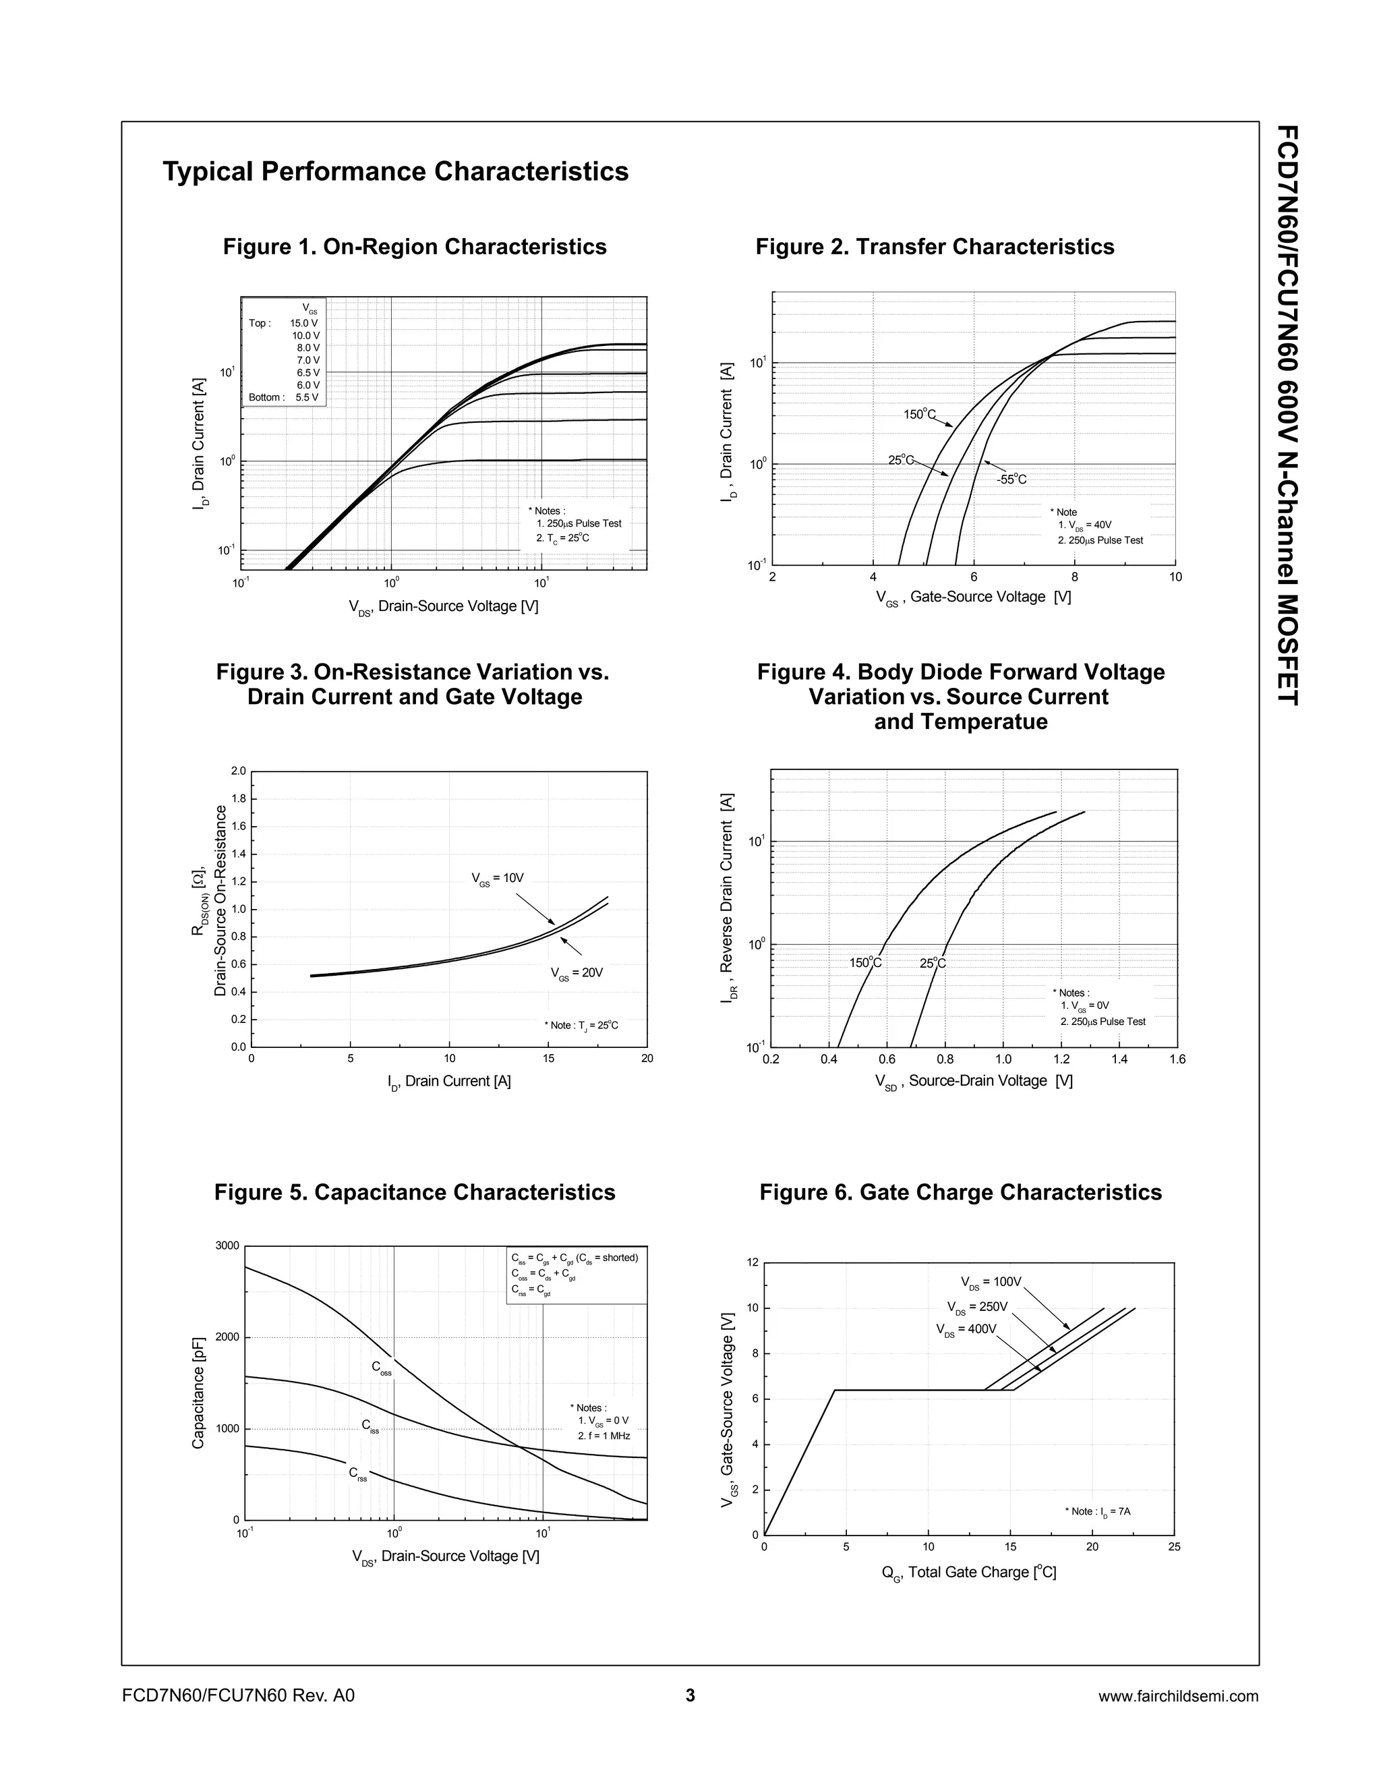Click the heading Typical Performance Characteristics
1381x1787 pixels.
point(395,172)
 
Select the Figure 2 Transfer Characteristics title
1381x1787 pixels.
point(935,246)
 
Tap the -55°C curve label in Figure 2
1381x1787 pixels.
point(1011,479)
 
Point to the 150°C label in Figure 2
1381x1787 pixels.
point(919,414)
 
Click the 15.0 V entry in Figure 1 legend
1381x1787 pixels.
point(304,323)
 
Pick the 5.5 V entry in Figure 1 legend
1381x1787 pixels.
point(307,398)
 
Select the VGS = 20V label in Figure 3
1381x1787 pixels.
point(576,973)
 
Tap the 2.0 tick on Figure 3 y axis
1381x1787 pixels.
point(238,771)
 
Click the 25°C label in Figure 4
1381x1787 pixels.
point(932,963)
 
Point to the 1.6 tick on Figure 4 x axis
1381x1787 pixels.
point(1177,1059)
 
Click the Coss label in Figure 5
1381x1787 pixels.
point(381,1368)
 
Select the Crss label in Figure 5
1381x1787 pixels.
point(357,1473)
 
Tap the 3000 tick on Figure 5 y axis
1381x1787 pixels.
point(227,1246)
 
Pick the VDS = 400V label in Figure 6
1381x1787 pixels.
point(966,1329)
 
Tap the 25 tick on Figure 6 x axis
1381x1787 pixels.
point(1174,1546)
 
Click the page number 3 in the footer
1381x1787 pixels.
point(690,1695)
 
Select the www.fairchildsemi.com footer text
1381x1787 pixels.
point(1178,1696)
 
